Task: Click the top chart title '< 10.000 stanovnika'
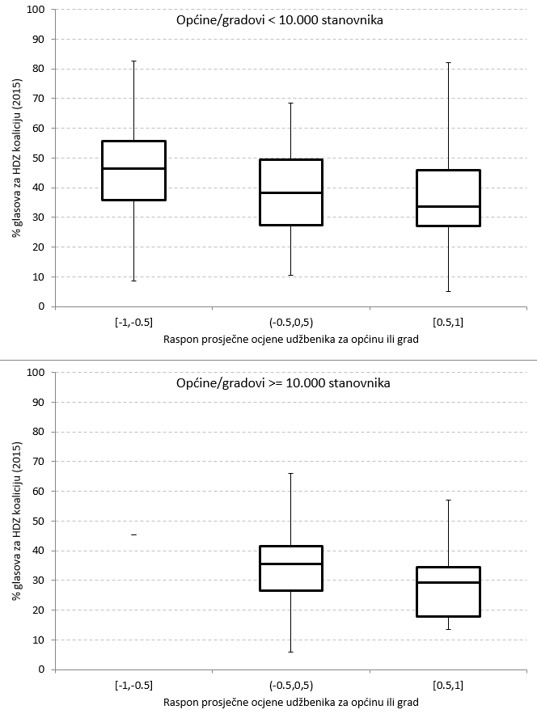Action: point(280,21)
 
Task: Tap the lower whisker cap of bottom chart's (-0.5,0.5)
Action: point(291,652)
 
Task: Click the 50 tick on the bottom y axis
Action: point(36,521)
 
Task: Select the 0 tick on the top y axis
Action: point(38,306)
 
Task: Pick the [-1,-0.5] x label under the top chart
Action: point(133,323)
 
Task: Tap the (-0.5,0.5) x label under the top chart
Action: point(291,323)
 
